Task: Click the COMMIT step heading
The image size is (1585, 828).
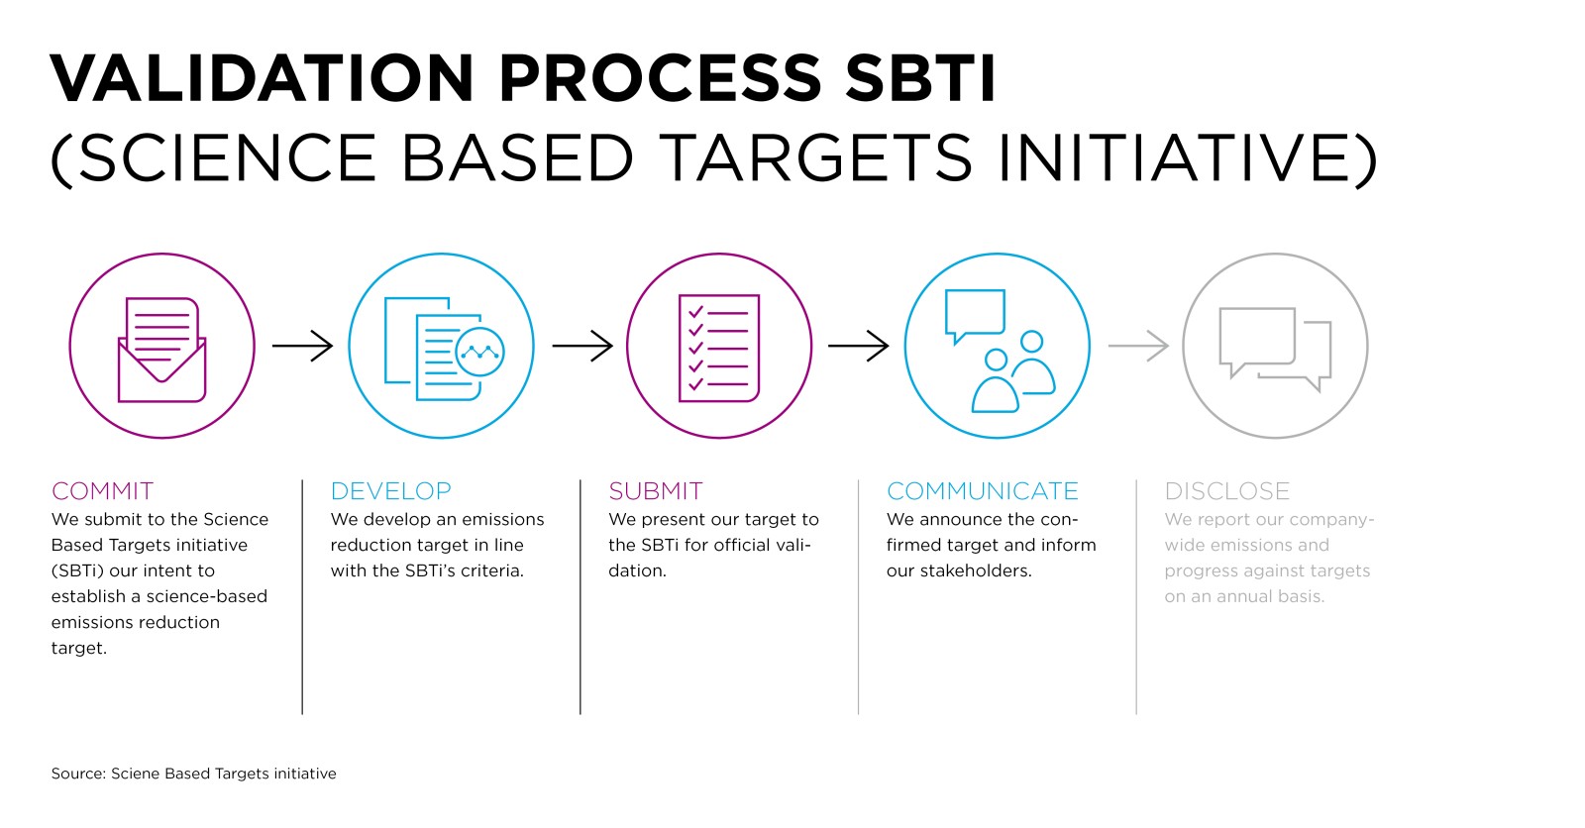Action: [x=103, y=490]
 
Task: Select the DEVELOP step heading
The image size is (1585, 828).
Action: [x=390, y=490]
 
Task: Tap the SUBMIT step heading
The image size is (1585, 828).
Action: [x=655, y=490]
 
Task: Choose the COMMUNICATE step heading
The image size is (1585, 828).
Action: [x=982, y=490]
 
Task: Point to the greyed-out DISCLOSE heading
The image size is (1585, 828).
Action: [x=1227, y=490]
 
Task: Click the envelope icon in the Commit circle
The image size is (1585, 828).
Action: [x=162, y=350]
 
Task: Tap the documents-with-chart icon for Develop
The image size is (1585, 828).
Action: [x=444, y=349]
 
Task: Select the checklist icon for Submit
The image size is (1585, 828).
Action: [x=719, y=349]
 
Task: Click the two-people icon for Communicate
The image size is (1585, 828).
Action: [x=1013, y=370]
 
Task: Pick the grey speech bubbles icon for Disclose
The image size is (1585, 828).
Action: [x=1275, y=349]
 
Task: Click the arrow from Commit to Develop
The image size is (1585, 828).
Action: [x=302, y=346]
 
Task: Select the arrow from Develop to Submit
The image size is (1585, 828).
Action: [x=582, y=346]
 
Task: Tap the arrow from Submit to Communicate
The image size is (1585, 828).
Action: [x=858, y=346]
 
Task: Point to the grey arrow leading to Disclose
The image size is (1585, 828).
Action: [x=1138, y=346]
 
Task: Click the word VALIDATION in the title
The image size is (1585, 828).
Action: [x=262, y=78]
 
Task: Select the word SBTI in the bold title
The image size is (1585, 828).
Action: [x=920, y=78]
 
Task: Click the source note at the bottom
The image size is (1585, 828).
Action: [x=193, y=774]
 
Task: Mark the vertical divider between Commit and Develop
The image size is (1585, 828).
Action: [x=302, y=596]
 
